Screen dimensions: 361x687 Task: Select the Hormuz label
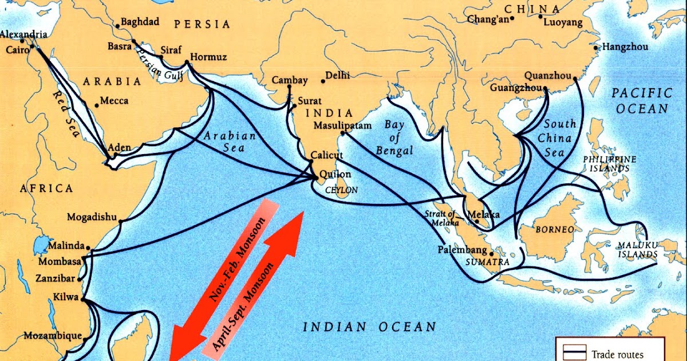pos(208,57)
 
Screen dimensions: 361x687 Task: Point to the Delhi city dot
pos(323,81)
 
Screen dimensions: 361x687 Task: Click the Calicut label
pos(327,155)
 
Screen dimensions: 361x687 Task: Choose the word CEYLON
pos(341,190)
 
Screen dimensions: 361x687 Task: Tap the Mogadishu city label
pos(92,217)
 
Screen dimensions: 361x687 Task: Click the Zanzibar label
pos(55,278)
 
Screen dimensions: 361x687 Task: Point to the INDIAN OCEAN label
pos(369,327)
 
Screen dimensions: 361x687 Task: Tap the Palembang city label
pos(462,250)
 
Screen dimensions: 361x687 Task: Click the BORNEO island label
pos(554,229)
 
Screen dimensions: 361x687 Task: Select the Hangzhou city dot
pos(597,48)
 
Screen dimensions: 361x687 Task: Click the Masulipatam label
pos(342,125)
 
